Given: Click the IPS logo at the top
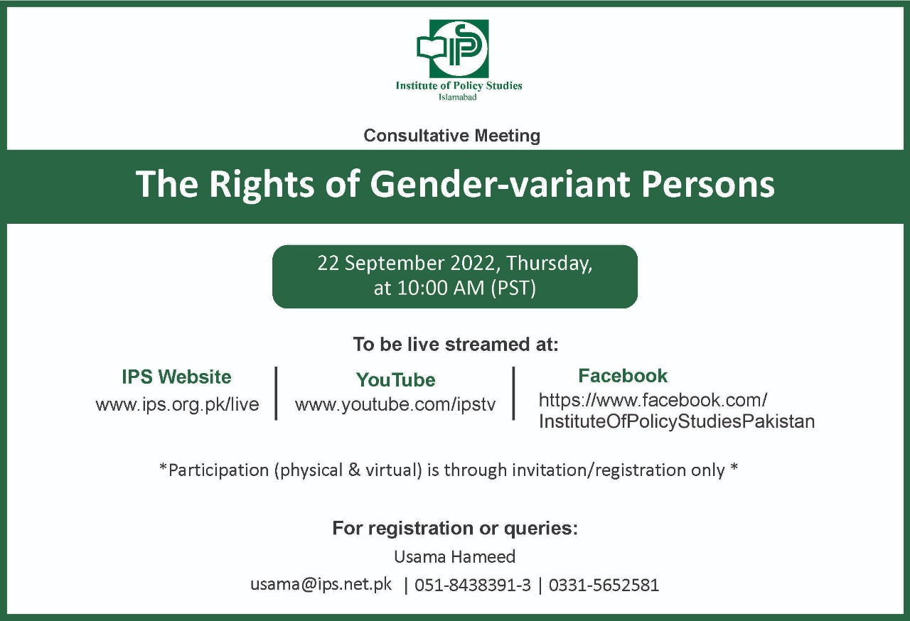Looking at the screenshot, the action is click(453, 48).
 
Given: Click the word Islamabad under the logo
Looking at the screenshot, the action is click(457, 97).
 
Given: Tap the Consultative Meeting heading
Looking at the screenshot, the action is click(451, 136).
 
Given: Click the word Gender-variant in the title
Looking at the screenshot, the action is click(500, 184).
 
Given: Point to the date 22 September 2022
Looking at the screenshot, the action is click(407, 264).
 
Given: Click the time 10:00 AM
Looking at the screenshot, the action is click(441, 288).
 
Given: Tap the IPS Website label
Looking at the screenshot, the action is click(177, 377).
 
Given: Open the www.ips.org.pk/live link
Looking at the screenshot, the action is click(177, 405).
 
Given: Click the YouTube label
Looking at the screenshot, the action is click(396, 380).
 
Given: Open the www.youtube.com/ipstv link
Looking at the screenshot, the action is click(395, 405).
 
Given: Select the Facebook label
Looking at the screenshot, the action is click(623, 375).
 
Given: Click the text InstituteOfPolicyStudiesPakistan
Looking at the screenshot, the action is click(677, 421).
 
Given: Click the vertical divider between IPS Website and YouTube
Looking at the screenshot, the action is click(277, 393).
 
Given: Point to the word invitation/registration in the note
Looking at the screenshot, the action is click(619, 470).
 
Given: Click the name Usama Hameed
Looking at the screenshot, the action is click(454, 556).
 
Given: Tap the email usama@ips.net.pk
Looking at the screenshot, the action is click(321, 585).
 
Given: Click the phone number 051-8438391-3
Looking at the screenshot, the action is click(473, 585).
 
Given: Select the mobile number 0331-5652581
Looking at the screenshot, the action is click(604, 585).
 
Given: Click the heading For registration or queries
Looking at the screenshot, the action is click(455, 528).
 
